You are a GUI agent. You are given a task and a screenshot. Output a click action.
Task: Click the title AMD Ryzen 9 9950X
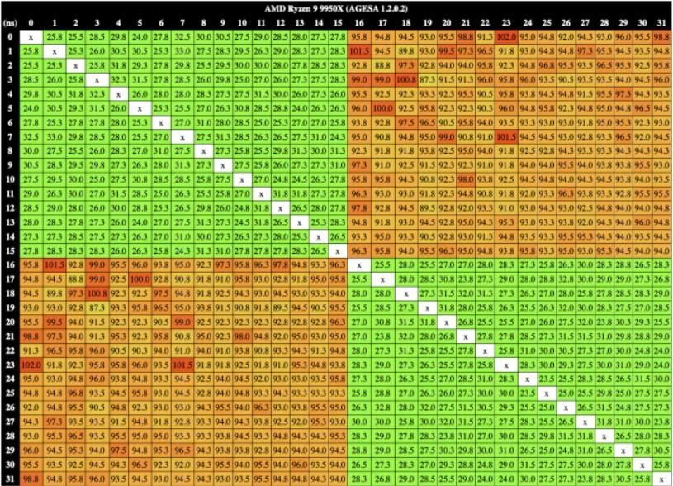336,7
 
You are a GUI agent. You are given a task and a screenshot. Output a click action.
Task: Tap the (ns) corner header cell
10,22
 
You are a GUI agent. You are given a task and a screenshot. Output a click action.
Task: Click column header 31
661,22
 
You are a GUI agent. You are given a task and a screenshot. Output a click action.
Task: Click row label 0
10,37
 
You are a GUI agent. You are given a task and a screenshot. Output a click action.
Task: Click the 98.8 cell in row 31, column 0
31,479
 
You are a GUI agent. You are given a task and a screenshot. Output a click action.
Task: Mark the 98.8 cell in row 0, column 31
661,37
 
